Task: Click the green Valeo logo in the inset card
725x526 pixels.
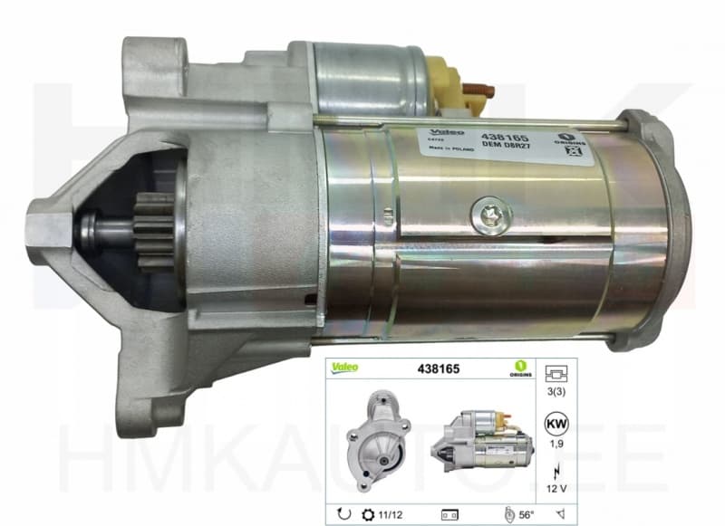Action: (x=343, y=368)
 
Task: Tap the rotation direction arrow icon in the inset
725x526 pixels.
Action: (x=344, y=514)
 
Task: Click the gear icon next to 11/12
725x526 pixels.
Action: (x=368, y=514)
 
